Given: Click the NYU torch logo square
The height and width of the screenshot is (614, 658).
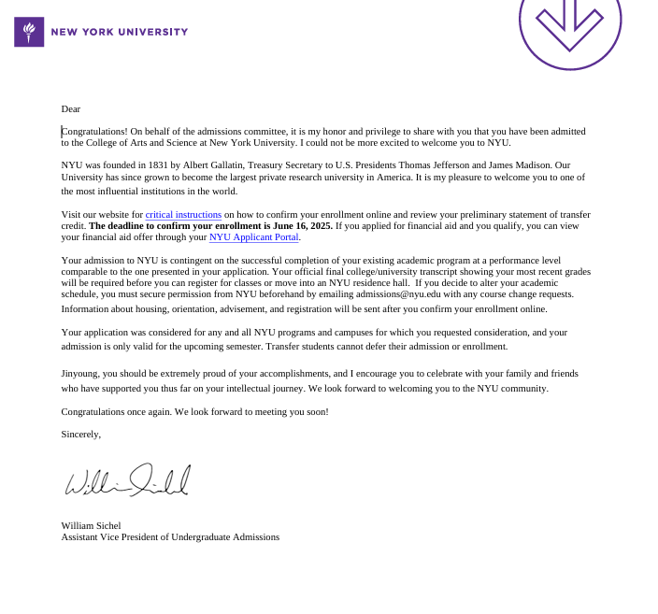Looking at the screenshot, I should [29, 32].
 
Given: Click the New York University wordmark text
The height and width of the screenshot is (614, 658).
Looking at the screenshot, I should [119, 32].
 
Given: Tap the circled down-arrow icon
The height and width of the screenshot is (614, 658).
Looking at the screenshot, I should [569, 24].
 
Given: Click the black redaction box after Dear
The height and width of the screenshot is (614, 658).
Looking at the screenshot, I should [105, 109].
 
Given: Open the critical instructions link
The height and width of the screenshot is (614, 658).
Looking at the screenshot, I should [183, 215].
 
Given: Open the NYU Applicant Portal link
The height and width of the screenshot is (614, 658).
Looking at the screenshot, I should [253, 237].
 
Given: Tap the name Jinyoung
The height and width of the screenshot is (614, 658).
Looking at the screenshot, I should [80, 373].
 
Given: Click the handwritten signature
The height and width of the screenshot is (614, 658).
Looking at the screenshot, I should [127, 480].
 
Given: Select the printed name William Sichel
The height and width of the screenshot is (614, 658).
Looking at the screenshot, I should [91, 525].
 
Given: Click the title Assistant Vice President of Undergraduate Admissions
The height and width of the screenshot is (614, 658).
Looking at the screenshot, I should [170, 536].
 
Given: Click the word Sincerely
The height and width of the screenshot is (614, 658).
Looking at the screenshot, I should [80, 434].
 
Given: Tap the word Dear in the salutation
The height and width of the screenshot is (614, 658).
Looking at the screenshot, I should [70, 109].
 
